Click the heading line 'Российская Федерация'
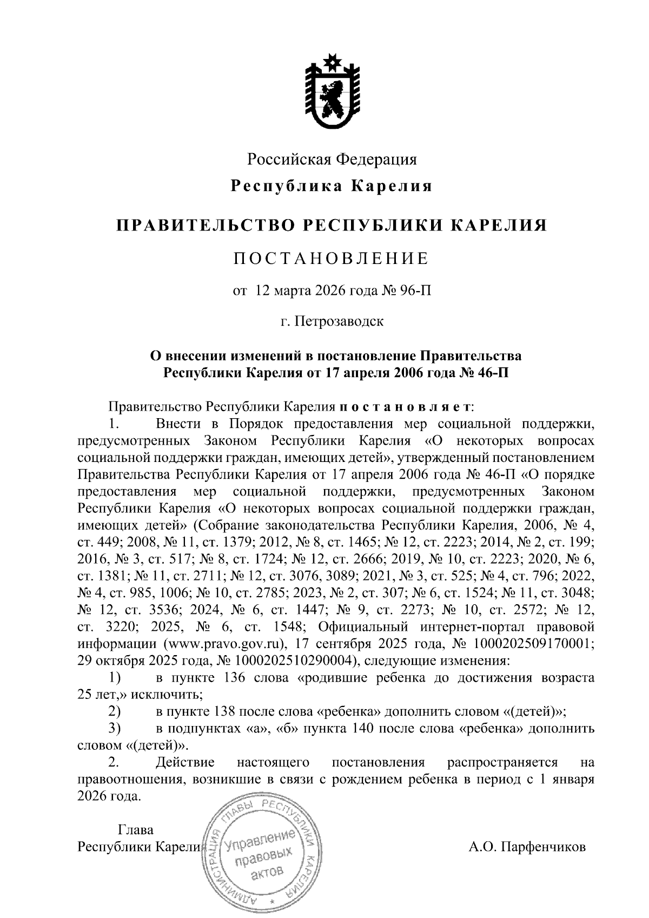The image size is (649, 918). [x=332, y=159]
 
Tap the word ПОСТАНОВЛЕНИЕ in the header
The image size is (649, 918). [x=331, y=258]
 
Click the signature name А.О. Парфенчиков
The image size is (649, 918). [x=527, y=847]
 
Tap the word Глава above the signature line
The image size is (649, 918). [x=135, y=830]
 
